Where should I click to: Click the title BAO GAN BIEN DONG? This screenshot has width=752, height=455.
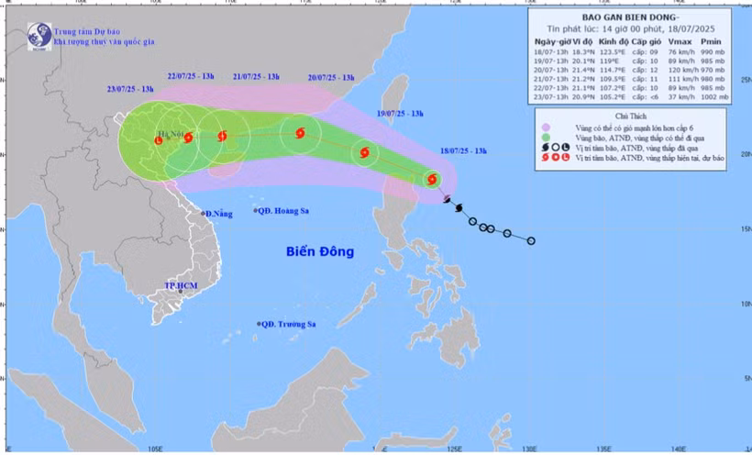630,17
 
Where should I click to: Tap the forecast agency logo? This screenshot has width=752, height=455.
39,36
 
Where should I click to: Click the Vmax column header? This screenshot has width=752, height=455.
680,42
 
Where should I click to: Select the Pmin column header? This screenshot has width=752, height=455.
712,42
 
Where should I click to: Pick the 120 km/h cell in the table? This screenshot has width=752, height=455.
680,70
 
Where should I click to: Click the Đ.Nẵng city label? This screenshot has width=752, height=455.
218,213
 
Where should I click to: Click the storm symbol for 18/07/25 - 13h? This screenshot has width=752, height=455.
432,180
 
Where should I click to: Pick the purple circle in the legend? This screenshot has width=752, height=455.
547,128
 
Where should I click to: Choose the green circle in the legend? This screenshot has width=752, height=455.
547,138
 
